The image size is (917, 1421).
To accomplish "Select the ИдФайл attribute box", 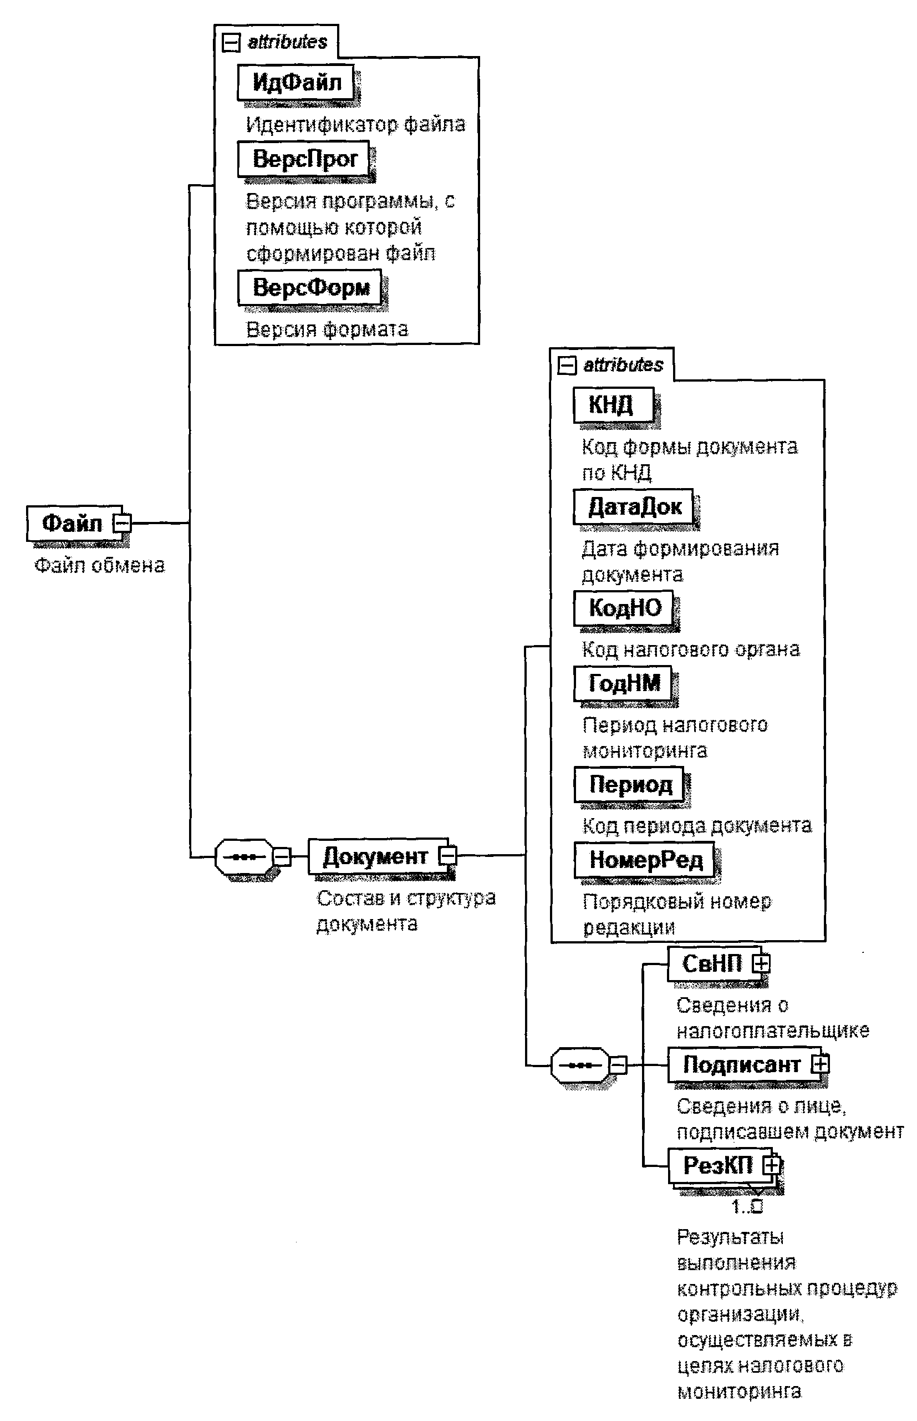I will click(296, 82).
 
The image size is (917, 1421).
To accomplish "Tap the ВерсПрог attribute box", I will click(304, 159).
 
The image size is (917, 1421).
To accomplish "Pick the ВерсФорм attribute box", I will click(309, 288).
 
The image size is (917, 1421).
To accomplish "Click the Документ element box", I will click(375, 856).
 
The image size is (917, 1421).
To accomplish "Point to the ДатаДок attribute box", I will click(634, 507).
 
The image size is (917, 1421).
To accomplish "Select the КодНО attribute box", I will click(624, 608).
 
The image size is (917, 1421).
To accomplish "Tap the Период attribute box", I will click(629, 785).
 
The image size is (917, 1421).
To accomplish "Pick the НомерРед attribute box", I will click(645, 860).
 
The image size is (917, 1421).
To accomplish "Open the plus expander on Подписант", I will click(820, 1064).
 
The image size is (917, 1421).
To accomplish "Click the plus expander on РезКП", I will click(772, 1165).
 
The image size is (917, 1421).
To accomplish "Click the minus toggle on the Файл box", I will click(123, 524).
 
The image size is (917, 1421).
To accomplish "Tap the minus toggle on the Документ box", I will click(448, 856).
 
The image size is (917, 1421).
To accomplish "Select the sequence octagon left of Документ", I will click(244, 857).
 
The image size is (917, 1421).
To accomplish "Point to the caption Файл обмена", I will click(99, 565).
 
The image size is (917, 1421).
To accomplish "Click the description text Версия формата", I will click(327, 329).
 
